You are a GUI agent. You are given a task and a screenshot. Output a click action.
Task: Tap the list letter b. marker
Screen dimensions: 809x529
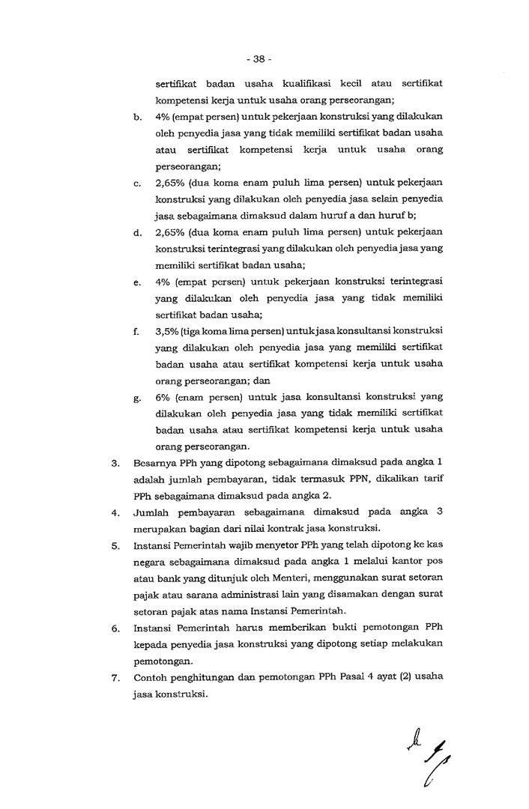(x=138, y=118)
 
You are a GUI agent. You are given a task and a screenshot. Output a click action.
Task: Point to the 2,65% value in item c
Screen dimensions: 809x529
(x=170, y=183)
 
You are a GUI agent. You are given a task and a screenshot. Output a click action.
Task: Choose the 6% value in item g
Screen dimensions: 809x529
(x=163, y=397)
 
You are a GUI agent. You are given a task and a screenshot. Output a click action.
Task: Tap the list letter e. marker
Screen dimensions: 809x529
(x=138, y=282)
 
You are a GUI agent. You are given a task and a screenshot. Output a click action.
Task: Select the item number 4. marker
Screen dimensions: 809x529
(x=115, y=513)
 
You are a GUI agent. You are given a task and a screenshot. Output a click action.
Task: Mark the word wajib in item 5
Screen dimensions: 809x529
(x=234, y=546)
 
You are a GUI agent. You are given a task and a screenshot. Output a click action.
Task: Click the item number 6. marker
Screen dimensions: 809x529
(x=115, y=628)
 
